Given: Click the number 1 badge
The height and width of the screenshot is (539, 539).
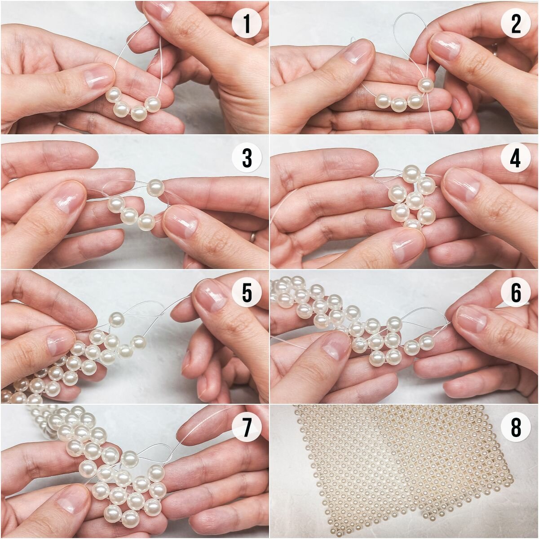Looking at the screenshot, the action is tap(247, 25).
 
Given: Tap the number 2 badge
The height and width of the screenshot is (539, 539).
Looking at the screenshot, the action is tap(516, 25).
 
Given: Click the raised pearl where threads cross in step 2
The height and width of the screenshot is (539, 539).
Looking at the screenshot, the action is tap(426, 85).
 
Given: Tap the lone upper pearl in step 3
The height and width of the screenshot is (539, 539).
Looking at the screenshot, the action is tap(155, 188).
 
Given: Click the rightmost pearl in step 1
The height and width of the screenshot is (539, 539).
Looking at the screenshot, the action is tap(153, 105).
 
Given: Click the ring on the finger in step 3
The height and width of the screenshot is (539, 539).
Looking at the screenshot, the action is tap(253, 237).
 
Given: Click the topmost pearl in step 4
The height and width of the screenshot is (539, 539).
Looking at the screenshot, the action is tap(411, 174).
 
